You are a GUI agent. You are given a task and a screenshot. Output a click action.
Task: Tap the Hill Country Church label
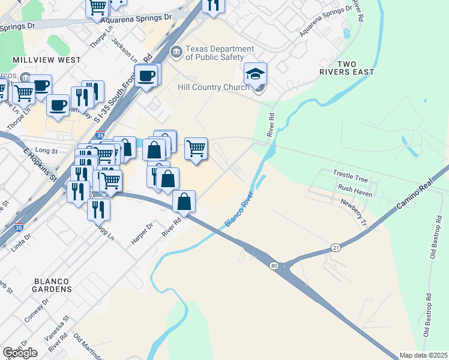[213, 88]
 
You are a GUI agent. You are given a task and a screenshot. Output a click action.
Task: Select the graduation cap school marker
[255, 74]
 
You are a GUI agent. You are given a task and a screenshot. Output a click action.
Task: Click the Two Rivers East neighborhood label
[347, 68]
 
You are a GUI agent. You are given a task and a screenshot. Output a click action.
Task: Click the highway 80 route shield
[273, 266]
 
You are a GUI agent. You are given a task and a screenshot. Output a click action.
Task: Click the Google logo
[20, 353]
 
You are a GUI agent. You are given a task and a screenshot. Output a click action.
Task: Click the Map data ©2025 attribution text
[423, 355]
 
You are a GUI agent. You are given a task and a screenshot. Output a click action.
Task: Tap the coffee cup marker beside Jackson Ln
[146, 76]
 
